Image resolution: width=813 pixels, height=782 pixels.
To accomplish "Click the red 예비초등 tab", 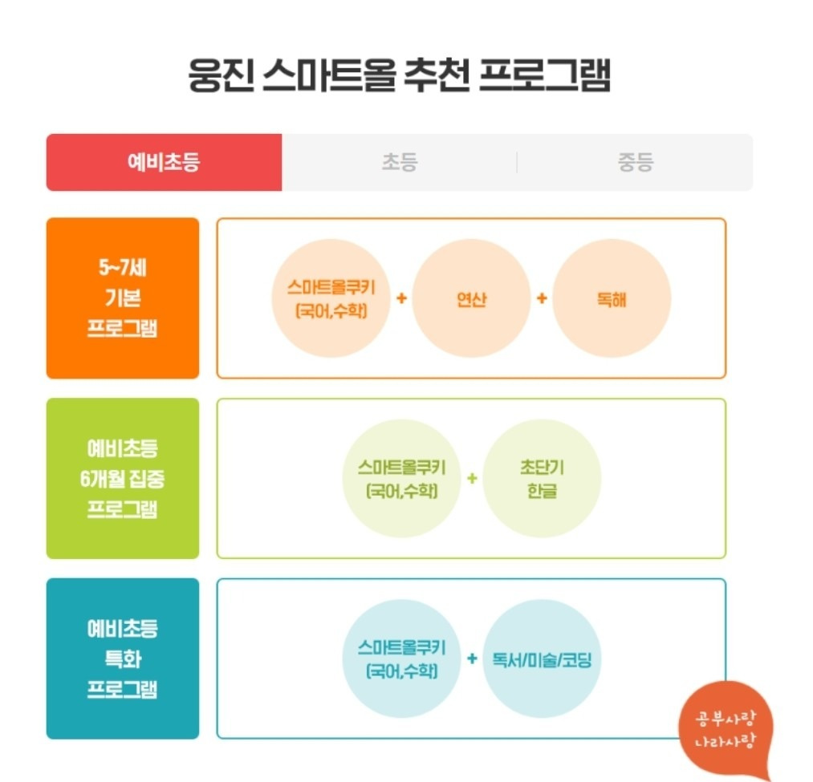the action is point(164,162).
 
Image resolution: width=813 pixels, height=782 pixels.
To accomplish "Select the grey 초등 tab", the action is point(399,162).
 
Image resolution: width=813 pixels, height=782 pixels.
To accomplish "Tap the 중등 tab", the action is point(635,162).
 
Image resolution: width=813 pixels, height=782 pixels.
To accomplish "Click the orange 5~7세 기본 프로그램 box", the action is point(123,298).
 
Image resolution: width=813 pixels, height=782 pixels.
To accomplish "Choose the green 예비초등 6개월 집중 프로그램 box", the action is point(123,478).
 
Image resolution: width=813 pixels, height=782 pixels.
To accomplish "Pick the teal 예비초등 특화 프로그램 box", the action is point(123,658).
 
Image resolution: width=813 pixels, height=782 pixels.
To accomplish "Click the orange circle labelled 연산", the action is point(471,298).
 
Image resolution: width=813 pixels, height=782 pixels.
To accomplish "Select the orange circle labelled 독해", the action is point(612,298).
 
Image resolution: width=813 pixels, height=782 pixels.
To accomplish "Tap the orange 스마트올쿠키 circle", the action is point(331,298).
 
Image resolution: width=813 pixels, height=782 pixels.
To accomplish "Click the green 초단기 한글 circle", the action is point(542,478).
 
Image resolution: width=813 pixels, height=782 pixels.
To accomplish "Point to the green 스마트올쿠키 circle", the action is point(401,478).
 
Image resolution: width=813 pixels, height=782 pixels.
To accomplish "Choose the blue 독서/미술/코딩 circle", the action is point(542,658).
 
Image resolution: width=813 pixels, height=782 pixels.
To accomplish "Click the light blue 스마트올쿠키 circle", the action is point(401,658).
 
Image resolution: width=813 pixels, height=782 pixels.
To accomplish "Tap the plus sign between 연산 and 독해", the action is point(542,298).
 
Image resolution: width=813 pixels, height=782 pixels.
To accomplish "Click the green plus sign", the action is point(472,478).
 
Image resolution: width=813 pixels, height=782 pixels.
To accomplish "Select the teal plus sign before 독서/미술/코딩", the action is point(472,658).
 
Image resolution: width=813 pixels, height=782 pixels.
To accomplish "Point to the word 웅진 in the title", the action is point(221,75).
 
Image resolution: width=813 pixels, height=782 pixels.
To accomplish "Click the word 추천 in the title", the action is point(437,75).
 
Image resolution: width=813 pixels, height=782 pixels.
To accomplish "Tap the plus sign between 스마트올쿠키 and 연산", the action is point(401,298).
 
